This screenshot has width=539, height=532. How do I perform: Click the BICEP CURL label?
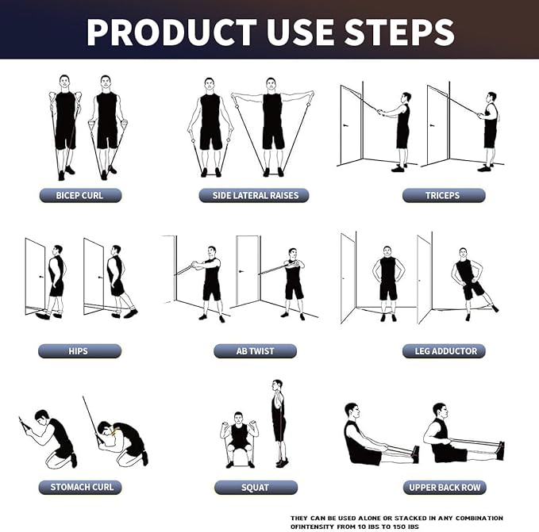click(79, 195)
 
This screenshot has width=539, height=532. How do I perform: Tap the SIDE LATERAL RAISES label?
click(254, 195)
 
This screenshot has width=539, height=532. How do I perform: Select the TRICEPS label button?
click(443, 195)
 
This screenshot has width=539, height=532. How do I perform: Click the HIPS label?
click(79, 350)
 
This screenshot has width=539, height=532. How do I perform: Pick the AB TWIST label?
click(255, 350)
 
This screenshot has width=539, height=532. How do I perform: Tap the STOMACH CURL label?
click(79, 487)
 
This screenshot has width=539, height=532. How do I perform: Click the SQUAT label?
click(255, 487)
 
